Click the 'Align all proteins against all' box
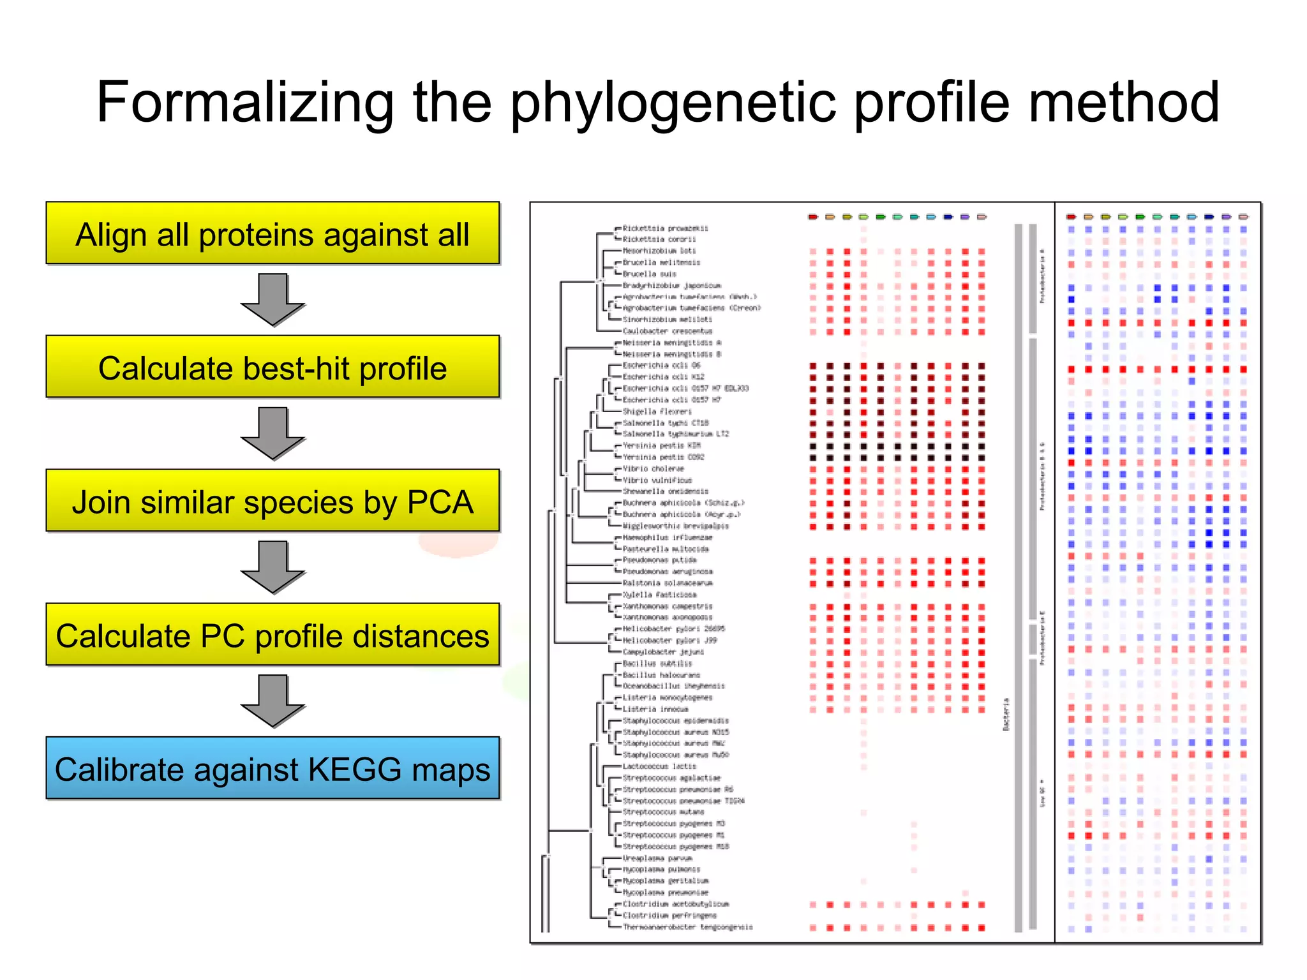point(273,234)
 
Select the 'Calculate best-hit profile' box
point(273,367)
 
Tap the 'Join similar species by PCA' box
point(273,501)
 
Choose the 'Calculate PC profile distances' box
point(273,635)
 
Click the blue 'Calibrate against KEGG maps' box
point(273,769)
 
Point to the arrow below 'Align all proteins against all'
point(273,299)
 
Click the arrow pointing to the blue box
point(273,701)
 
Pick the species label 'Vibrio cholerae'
point(653,468)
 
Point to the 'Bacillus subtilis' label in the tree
point(657,664)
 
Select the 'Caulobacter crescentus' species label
point(667,331)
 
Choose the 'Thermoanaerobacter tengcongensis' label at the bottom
point(687,927)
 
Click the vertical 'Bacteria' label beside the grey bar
point(1006,714)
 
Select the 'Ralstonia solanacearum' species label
point(667,583)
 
